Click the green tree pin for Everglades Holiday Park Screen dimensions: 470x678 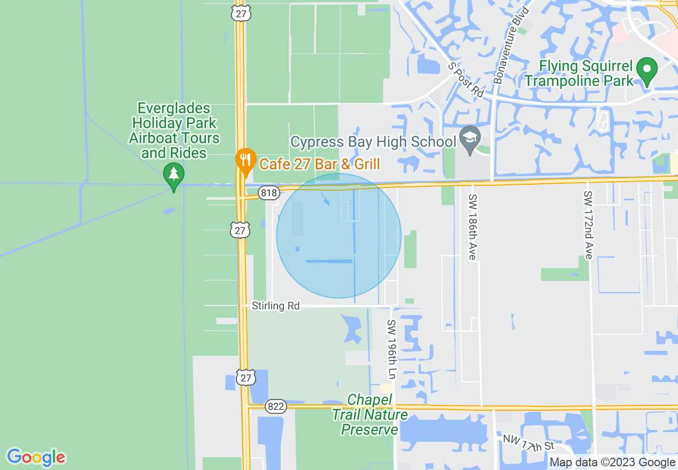click(x=173, y=175)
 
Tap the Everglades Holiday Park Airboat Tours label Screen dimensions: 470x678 click(x=174, y=131)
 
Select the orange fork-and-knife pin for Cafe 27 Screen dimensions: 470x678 click(x=245, y=161)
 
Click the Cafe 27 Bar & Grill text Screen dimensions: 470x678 click(x=319, y=163)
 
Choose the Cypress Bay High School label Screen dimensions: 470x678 click(x=373, y=142)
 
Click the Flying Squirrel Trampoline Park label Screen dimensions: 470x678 click(x=579, y=74)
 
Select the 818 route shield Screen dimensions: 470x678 click(x=269, y=193)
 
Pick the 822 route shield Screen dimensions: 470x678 click(x=275, y=406)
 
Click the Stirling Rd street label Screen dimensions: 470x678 click(x=276, y=306)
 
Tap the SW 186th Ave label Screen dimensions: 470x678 click(x=472, y=227)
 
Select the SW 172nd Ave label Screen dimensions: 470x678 click(x=588, y=225)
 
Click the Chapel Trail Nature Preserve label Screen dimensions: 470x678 click(x=369, y=414)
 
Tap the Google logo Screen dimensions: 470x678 click(x=36, y=457)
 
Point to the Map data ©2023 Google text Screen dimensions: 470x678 click(x=612, y=463)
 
